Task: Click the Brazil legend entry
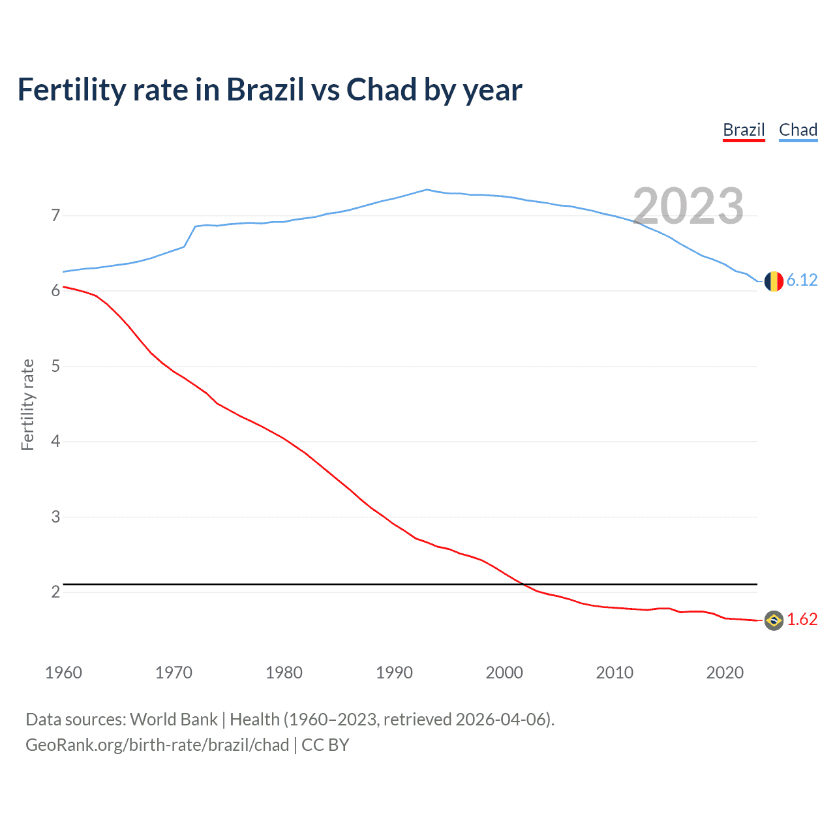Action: tap(744, 130)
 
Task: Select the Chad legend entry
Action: tap(798, 130)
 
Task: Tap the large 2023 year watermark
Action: tap(688, 206)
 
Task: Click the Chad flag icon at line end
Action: tap(774, 281)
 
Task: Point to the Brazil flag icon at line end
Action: tap(774, 620)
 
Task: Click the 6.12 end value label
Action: tap(802, 280)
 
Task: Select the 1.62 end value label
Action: tap(802, 619)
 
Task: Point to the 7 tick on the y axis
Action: tap(55, 215)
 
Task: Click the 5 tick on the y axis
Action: tap(55, 366)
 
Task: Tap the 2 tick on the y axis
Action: tap(55, 592)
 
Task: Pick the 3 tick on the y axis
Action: tap(55, 517)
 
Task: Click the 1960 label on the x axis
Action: tap(63, 673)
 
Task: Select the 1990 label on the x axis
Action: tap(394, 673)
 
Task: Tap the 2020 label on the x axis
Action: tap(725, 673)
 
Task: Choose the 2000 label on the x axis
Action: tap(504, 673)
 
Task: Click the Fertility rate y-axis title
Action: tap(27, 404)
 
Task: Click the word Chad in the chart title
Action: tap(381, 89)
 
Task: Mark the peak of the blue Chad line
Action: tap(427, 189)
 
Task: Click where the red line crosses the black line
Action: tap(524, 584)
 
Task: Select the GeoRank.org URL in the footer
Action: tap(157, 745)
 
